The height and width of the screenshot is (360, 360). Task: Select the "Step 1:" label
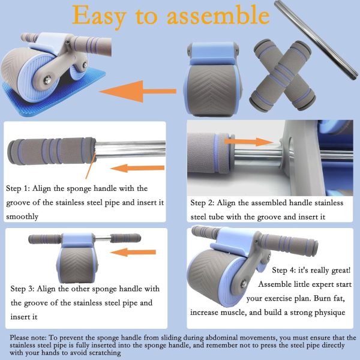coord(23,188)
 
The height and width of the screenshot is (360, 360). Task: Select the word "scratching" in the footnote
coord(101,353)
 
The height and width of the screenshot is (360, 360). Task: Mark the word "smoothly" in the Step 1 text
coord(22,216)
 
